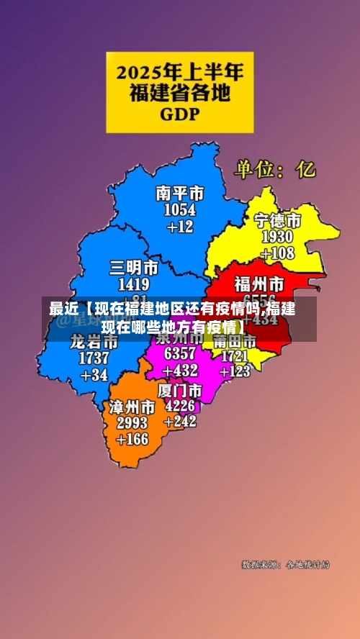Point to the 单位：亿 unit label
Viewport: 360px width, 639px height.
click(x=274, y=169)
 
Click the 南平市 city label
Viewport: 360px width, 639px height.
click(x=180, y=193)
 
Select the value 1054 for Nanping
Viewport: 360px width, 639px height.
click(x=180, y=209)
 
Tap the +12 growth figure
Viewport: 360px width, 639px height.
click(x=180, y=227)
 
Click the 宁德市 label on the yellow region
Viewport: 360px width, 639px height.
click(x=278, y=220)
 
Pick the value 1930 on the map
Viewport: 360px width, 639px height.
click(x=277, y=237)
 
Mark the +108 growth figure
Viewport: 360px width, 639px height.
click(x=277, y=253)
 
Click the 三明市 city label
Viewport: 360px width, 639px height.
click(x=134, y=268)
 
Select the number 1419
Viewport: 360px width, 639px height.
click(x=134, y=284)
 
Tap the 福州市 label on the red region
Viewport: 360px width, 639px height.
click(x=260, y=282)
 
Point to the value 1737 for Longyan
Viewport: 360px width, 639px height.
click(x=94, y=358)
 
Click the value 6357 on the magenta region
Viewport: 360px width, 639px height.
click(x=180, y=354)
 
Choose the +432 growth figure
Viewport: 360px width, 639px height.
click(x=180, y=371)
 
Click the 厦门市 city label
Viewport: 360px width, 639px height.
click(x=180, y=390)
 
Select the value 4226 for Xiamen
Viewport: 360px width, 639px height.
click(x=180, y=406)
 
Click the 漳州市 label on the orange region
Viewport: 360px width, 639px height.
click(x=132, y=407)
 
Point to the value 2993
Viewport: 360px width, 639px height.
click(x=132, y=422)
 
